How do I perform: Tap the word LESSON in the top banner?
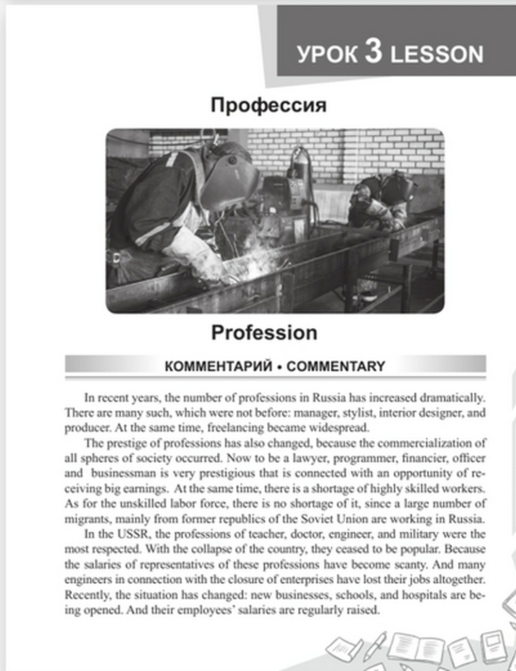pos(437,54)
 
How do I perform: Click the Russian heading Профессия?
pos(268,105)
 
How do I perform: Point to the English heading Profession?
pos(264,332)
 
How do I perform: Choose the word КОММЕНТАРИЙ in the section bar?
pos(218,366)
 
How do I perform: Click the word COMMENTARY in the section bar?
pos(336,366)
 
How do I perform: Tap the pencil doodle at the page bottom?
pos(375,645)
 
